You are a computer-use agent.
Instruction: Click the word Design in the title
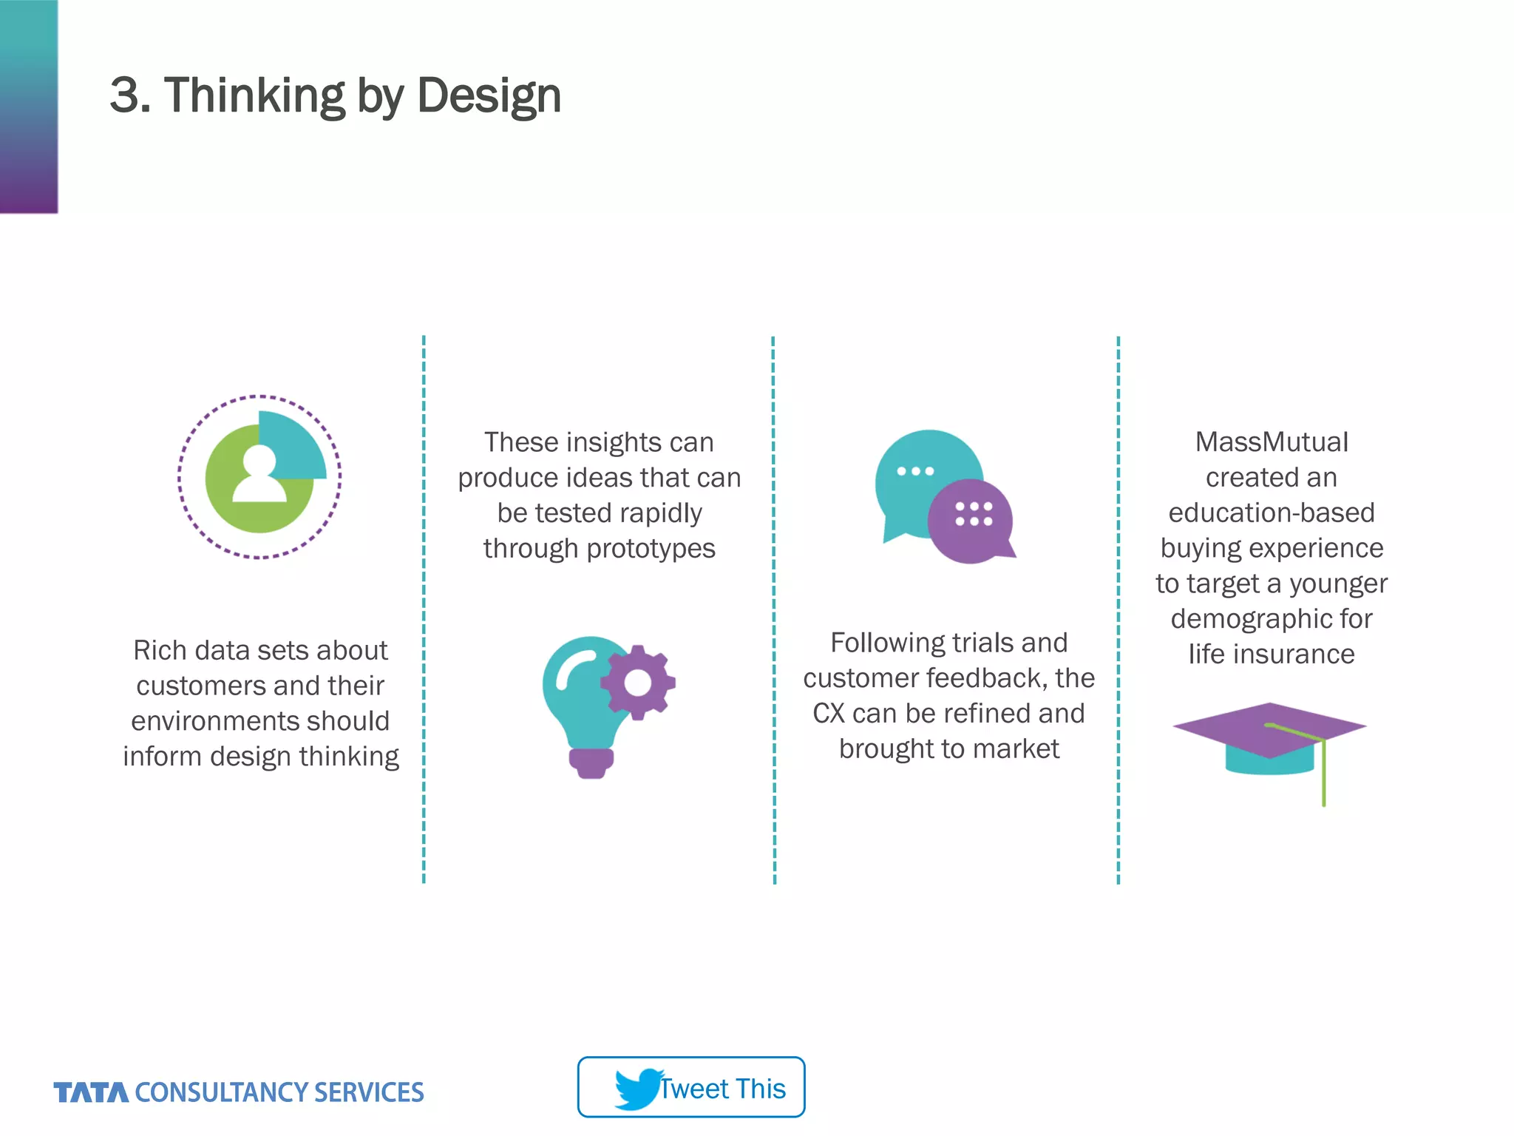tap(489, 96)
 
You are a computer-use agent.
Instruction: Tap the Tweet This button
tap(691, 1087)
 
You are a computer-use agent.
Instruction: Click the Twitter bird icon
tap(637, 1088)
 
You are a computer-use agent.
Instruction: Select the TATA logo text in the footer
tap(91, 1092)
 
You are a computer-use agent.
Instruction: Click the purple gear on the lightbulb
tap(638, 683)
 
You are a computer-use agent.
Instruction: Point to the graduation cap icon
tap(1269, 740)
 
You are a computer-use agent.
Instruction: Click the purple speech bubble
tap(971, 521)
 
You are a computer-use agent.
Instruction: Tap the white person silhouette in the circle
tap(259, 475)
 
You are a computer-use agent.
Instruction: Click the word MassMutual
tap(1272, 442)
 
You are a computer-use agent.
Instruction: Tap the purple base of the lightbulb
tap(591, 763)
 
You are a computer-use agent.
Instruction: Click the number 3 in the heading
tap(125, 96)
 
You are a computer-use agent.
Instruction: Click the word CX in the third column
tap(828, 714)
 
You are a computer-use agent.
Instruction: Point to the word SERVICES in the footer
tap(369, 1092)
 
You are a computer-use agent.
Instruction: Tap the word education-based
tap(1272, 513)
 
